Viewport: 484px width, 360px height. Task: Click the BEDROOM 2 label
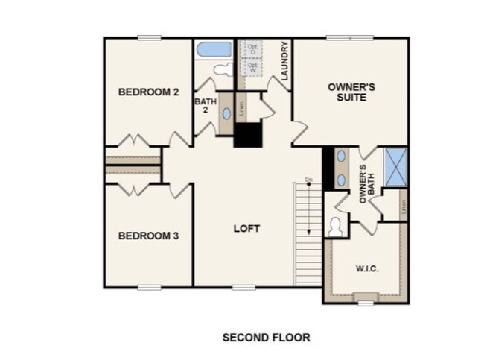click(149, 92)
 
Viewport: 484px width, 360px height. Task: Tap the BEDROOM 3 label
click(149, 236)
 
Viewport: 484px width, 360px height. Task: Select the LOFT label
click(246, 229)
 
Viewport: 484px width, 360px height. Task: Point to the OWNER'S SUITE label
click(351, 92)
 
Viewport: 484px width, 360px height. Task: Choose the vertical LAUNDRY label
click(285, 60)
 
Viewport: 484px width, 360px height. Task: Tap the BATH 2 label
click(205, 106)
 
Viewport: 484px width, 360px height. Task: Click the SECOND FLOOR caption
click(266, 338)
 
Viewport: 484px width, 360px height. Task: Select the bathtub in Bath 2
click(214, 50)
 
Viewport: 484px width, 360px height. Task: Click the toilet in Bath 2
click(221, 70)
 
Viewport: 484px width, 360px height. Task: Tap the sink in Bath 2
click(227, 114)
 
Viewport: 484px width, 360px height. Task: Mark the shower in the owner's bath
click(395, 165)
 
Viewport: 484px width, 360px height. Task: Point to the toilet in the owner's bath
click(335, 225)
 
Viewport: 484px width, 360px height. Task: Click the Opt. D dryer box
click(253, 48)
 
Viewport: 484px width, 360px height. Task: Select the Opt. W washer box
click(253, 67)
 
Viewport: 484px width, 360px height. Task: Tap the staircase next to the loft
click(308, 235)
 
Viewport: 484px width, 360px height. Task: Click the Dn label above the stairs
click(308, 180)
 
